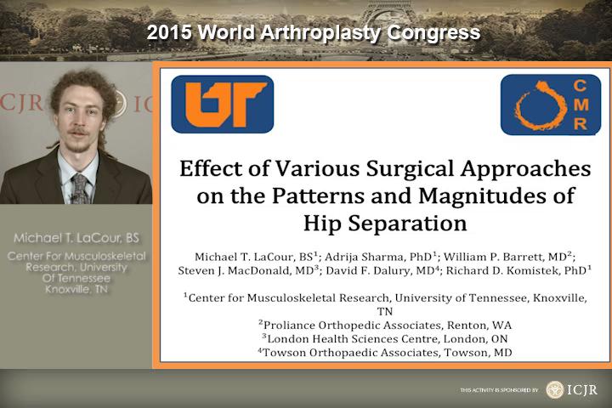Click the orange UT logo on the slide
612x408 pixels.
pos(223,105)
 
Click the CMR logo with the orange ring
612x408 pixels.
pos(551,105)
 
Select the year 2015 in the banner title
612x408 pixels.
pos(169,32)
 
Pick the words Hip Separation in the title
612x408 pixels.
pos(385,224)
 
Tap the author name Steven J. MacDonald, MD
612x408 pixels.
pos(248,270)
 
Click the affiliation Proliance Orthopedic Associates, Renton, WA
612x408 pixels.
pos(385,325)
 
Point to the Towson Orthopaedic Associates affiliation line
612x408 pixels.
pos(385,352)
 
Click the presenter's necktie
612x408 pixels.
pos(80,189)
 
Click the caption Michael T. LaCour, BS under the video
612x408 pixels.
pos(76,238)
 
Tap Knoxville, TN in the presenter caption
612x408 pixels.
pos(76,289)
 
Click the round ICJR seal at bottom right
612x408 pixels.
pos(554,389)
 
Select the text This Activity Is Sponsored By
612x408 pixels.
pos(499,390)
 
